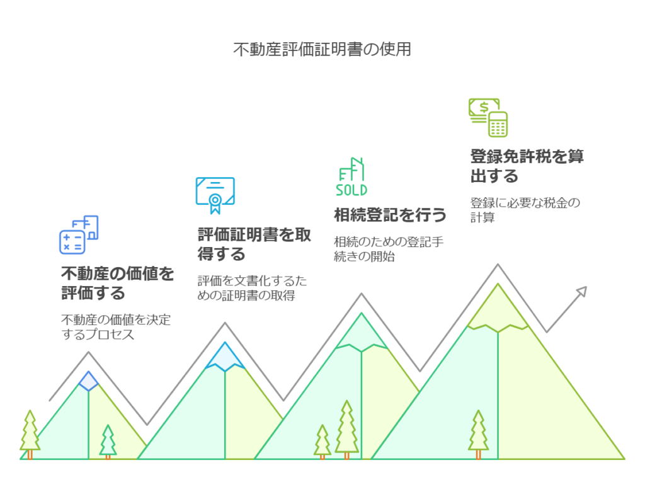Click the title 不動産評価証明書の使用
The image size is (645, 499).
click(322, 49)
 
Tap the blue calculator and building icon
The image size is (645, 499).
click(79, 234)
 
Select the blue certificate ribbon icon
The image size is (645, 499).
click(215, 195)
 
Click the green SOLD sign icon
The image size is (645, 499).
click(351, 177)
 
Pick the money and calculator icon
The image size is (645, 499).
click(488, 117)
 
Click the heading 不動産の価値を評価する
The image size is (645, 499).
click(117, 284)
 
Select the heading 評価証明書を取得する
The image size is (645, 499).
click(254, 244)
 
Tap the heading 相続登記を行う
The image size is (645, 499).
click(391, 215)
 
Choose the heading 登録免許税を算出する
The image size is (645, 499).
click(527, 166)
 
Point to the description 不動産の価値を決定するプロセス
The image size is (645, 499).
click(116, 327)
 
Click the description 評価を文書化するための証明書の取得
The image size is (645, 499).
click(253, 288)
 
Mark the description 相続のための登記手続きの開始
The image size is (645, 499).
click(389, 249)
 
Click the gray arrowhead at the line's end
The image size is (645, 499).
click(581, 291)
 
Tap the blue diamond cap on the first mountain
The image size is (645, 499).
click(89, 381)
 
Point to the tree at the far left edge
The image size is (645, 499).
click(29, 433)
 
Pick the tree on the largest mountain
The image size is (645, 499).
click(478, 433)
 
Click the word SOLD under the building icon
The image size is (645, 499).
click(351, 190)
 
